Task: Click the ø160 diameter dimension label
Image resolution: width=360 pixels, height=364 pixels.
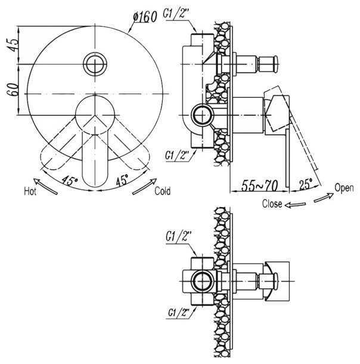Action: click(145, 17)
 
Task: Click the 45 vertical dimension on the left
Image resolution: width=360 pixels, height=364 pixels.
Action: click(13, 45)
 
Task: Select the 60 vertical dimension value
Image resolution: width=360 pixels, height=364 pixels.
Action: click(13, 89)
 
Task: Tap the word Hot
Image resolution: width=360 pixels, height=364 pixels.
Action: click(30, 192)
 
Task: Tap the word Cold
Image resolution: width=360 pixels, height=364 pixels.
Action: click(163, 191)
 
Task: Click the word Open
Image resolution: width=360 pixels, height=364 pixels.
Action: click(345, 188)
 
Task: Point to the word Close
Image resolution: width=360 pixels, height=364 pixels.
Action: click(272, 204)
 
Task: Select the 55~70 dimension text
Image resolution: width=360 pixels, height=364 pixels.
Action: click(259, 185)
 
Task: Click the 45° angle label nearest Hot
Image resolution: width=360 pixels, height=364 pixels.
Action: click(69, 181)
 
